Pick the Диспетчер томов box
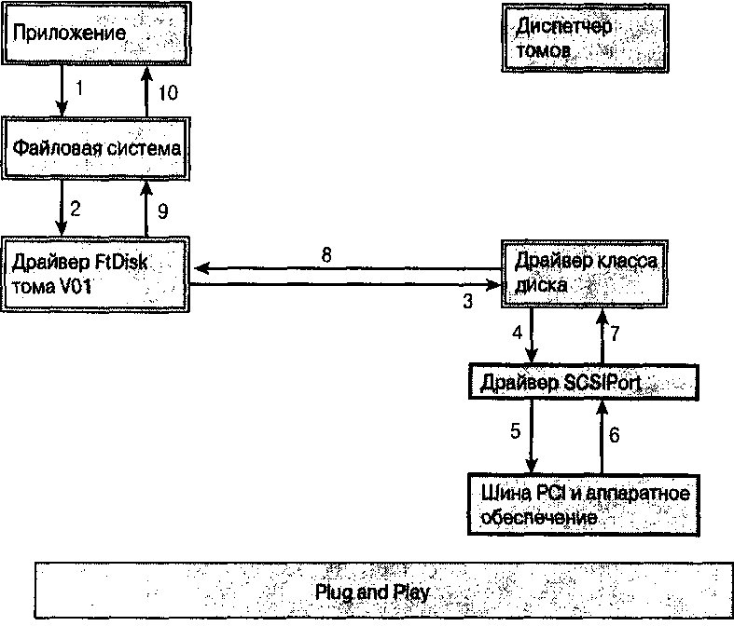pos(586,37)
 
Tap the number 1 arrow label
pos(79,89)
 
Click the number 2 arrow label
pos(76,209)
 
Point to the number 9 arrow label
pos(161,211)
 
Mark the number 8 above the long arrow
pos(326,253)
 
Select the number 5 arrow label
pos(514,431)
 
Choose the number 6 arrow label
pos(614,433)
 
